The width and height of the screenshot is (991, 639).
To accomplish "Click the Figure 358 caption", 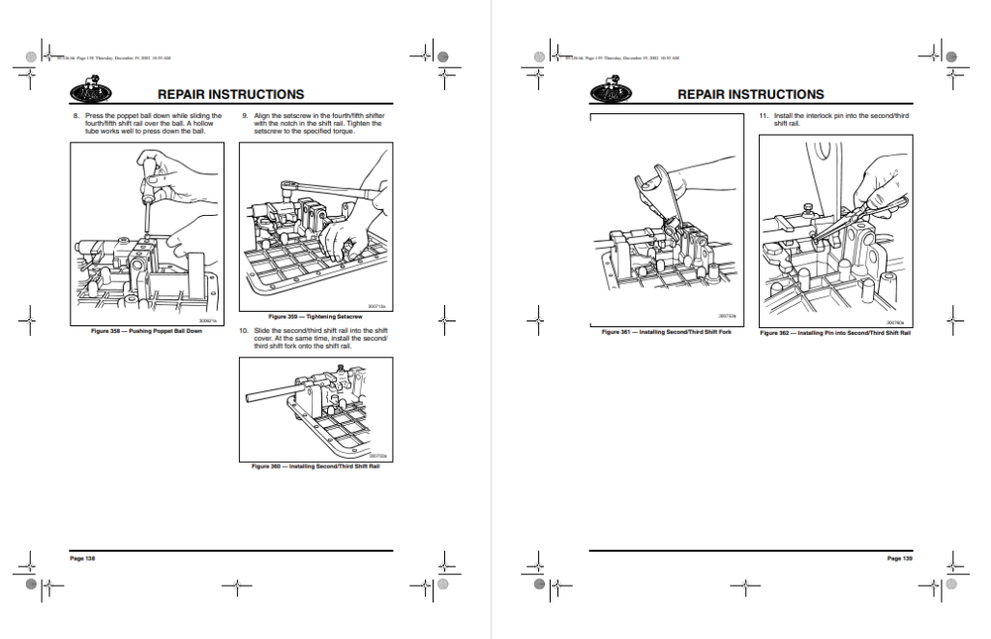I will pyautogui.click(x=147, y=331).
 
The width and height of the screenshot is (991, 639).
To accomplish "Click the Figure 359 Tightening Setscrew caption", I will pyautogui.click(x=315, y=317).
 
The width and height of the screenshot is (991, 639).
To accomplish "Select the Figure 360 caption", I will pyautogui.click(x=315, y=467).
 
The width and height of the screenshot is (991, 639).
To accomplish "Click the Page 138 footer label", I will pyautogui.click(x=82, y=558).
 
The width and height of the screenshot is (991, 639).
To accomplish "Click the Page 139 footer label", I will pyautogui.click(x=899, y=558).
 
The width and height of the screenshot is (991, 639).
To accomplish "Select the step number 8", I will pyautogui.click(x=75, y=116).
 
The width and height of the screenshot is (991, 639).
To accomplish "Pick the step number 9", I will pyautogui.click(x=245, y=116).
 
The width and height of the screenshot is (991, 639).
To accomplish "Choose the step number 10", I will pyautogui.click(x=245, y=331).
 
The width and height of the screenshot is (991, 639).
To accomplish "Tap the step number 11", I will pyautogui.click(x=764, y=116).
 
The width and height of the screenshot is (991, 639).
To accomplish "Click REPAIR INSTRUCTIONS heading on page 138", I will pyautogui.click(x=230, y=95).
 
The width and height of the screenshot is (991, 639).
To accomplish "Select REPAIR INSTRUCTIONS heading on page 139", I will pyautogui.click(x=751, y=95).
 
